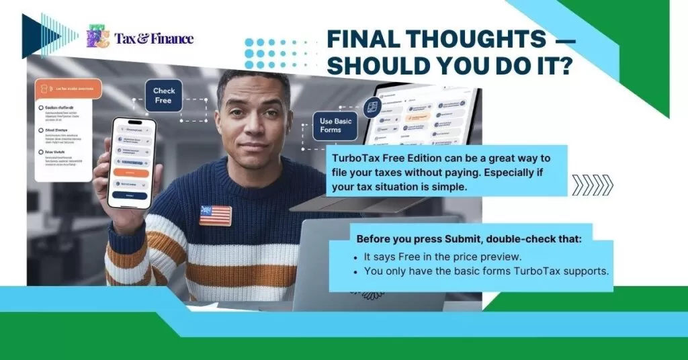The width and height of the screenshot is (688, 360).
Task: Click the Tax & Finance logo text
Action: pyautogui.click(x=154, y=38)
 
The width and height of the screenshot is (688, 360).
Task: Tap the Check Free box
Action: pyautogui.click(x=163, y=95)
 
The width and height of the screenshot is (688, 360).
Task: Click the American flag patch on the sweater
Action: pyautogui.click(x=215, y=215)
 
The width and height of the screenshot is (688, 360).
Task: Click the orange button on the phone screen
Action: pyautogui.click(x=132, y=173)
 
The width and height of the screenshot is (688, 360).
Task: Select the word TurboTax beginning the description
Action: pyautogui.click(x=358, y=159)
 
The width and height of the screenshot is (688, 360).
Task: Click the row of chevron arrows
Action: pyautogui.click(x=592, y=185)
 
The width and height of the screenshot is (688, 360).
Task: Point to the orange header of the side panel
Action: pyautogui.click(x=67, y=89)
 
